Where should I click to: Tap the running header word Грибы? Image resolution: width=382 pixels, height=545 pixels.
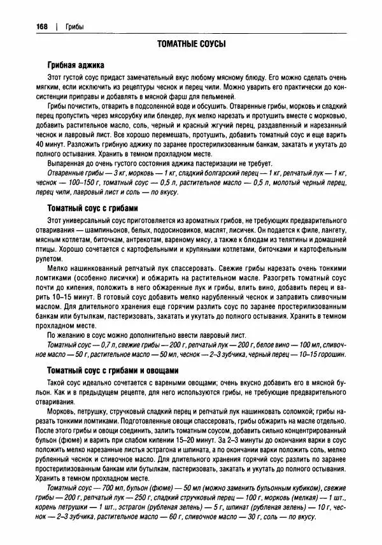tap(74, 26)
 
